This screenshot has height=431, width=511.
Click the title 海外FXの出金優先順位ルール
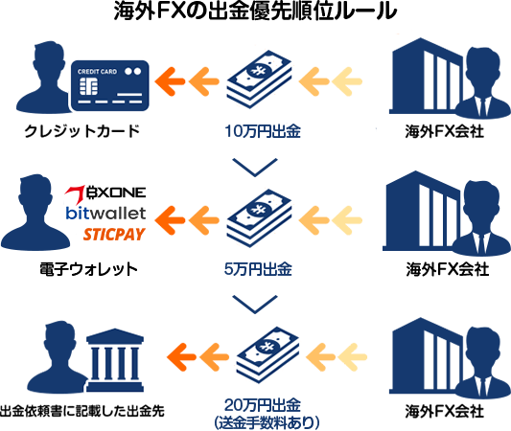255,11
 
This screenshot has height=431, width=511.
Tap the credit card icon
110,85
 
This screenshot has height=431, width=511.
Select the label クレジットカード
82,131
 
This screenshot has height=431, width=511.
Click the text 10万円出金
263,131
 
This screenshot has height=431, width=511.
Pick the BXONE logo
105,193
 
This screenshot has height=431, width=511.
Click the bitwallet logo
105,214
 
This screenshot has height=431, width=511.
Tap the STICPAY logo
114,235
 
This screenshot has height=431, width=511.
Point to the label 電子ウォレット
88,269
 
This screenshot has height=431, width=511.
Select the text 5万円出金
258,269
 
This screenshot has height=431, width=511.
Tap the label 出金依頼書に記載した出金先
81,411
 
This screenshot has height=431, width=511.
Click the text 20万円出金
263,405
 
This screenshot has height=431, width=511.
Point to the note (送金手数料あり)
267,423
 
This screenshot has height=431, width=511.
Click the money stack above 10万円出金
259,79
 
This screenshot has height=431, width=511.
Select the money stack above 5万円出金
259,218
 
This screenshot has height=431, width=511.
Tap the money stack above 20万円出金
267,354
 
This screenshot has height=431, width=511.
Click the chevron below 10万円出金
255,168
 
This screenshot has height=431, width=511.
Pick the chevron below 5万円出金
255,305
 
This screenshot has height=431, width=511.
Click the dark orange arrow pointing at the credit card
170,81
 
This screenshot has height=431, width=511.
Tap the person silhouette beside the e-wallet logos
35,213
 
